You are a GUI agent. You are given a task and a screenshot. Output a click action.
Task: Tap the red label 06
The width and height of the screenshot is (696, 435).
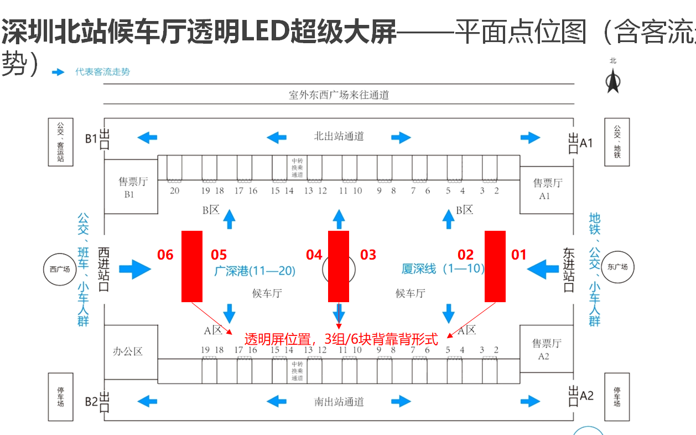coord(165,255)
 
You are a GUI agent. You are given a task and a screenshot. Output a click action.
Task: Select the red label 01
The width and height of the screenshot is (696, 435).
coord(518,255)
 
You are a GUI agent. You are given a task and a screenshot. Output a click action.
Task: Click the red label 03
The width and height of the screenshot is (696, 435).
coord(368,255)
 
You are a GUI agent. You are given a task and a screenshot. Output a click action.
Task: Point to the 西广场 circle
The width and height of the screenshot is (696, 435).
coord(60,270)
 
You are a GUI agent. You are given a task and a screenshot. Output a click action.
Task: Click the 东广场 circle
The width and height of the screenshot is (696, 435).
coord(616,267)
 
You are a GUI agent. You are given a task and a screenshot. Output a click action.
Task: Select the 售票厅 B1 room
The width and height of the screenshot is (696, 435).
coord(131,187)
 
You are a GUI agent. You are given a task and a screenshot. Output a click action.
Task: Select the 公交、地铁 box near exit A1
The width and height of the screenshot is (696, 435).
coord(617,141)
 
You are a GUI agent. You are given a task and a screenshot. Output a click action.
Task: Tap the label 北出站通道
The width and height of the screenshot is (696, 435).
coord(339,136)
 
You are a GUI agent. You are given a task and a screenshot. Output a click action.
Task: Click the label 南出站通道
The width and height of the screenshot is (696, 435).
coord(339,402)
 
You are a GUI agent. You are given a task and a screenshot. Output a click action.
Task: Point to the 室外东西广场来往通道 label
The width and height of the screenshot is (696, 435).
coord(339,95)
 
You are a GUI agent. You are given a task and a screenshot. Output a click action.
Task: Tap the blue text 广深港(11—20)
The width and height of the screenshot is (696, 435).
coord(254,271)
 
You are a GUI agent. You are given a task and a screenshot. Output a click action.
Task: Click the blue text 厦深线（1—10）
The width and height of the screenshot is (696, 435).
coord(443,269)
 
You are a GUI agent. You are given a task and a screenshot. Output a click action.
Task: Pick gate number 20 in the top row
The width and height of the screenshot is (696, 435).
coord(175,191)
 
